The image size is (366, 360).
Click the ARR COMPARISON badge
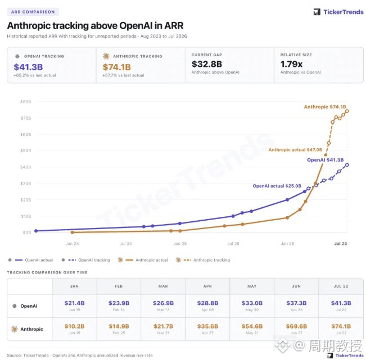[x=33, y=12]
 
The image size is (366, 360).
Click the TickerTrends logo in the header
[x=338, y=12]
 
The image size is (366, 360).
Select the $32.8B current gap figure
[x=206, y=64]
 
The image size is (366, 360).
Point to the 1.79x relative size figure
[x=291, y=64]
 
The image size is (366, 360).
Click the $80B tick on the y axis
[x=26, y=102]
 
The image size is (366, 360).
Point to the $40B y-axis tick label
[x=26, y=167]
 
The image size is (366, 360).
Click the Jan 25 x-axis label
[x=180, y=244]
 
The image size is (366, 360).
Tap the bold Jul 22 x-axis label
[x=341, y=244]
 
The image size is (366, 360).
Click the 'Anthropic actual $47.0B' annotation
[x=295, y=150]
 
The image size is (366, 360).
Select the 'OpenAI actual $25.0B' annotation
[x=277, y=186]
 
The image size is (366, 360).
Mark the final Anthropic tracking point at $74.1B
[x=347, y=111]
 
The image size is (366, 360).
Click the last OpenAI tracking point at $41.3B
[x=347, y=165]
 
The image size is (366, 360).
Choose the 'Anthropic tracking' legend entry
[x=202, y=260]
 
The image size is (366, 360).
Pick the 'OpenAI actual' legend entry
[x=30, y=260]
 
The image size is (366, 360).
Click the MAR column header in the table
[x=163, y=286]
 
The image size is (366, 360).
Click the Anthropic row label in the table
[x=27, y=329]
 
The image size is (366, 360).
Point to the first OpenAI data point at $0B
[x=36, y=231]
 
